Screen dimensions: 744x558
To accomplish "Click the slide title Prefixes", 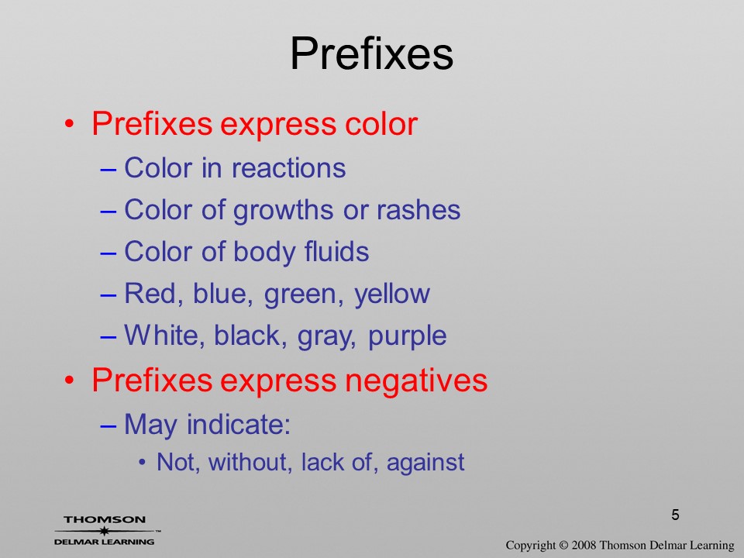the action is coord(371,53).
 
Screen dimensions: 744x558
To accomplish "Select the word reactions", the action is coord(288,168).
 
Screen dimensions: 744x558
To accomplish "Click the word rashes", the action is coord(418,210).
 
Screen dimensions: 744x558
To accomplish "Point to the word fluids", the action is coord(336,251).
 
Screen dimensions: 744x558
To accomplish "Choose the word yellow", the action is coord(392,294).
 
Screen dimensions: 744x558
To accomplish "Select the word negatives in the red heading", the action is coord(415,381).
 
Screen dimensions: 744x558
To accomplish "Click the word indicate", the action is coord(238,424).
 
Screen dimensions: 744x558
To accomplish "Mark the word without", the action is coord(250,462).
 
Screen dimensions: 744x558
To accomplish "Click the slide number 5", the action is coord(675,515).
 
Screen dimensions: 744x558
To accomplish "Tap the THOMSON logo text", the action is coord(105,519).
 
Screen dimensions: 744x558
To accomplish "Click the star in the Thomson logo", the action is coord(104,531).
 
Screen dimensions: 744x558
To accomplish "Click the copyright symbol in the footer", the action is coord(563,545).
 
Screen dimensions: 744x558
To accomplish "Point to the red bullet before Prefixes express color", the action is coord(69,124).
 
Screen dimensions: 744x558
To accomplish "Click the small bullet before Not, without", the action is coord(143,463).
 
